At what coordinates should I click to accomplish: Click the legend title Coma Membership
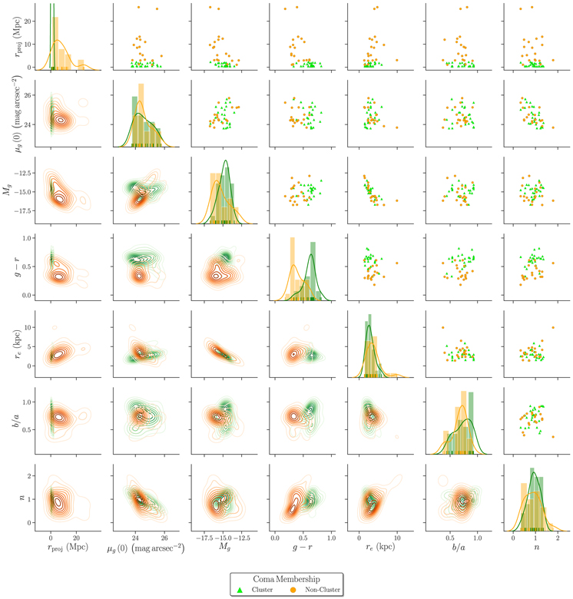(286, 579)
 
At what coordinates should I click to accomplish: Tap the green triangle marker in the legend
(240, 590)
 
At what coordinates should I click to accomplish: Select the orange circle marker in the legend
(293, 590)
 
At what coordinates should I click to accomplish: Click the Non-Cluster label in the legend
(323, 590)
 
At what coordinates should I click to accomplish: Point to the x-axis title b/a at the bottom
(459, 548)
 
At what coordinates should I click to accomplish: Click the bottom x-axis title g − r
(303, 548)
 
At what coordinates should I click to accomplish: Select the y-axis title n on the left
(22, 498)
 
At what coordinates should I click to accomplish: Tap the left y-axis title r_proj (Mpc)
(18, 37)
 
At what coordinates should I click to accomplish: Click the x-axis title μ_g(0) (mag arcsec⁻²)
(146, 548)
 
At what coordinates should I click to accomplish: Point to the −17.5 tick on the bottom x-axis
(205, 538)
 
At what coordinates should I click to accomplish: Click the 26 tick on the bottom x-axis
(164, 538)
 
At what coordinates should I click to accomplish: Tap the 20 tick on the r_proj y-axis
(28, 22)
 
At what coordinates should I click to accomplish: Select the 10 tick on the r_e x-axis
(397, 538)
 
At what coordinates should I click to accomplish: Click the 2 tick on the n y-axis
(29, 476)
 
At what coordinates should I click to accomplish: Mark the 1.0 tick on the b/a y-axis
(27, 402)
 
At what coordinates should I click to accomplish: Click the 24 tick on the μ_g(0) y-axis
(28, 124)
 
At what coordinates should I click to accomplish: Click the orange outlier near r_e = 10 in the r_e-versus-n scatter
(553, 327)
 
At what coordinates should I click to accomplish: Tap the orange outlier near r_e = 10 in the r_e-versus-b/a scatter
(442, 327)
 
